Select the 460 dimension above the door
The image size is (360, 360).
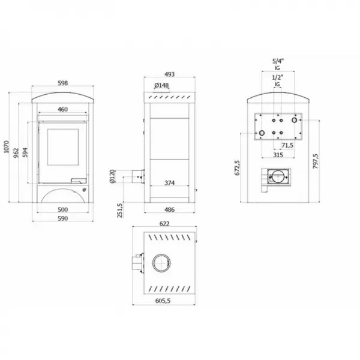62,110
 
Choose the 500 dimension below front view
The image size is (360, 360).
62,210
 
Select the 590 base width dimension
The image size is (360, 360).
62,219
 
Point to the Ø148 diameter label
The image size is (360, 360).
162,85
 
